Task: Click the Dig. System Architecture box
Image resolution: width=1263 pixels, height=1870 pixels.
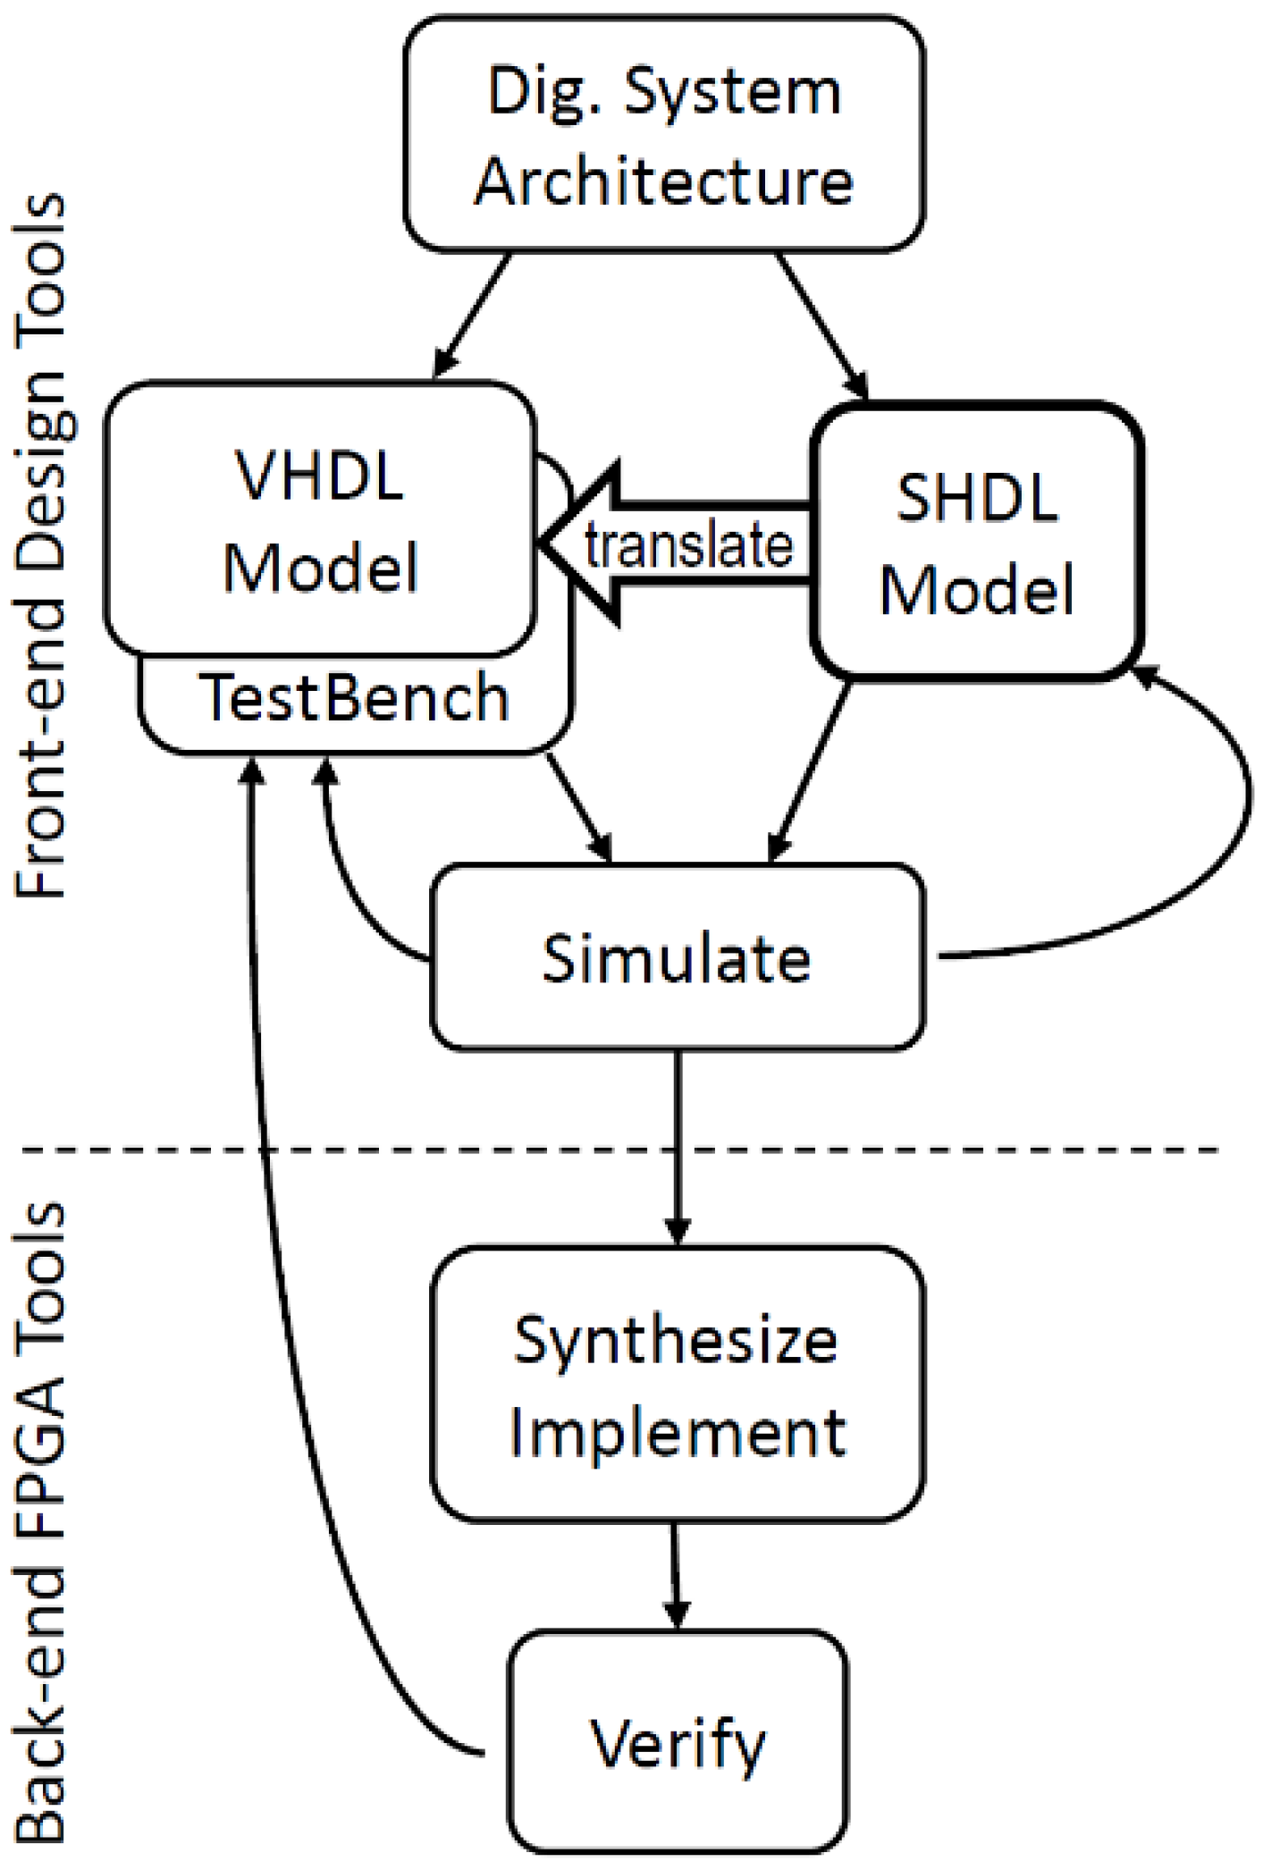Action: pos(664,134)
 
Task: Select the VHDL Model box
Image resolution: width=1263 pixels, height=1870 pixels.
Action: pos(320,518)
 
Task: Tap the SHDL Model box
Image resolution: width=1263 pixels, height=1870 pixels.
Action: pos(976,542)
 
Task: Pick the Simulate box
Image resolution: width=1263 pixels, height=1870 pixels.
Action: pos(677,956)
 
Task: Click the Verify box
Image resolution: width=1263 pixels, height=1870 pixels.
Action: pos(677,1742)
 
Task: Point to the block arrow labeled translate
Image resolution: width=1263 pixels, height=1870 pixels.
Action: pos(679,545)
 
